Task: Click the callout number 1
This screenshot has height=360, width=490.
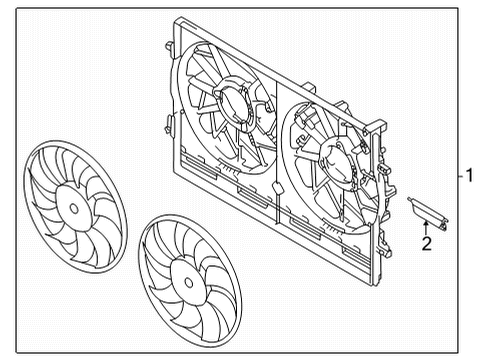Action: (x=467, y=176)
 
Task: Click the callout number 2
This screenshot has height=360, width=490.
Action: (x=426, y=241)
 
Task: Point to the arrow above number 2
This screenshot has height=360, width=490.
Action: (x=426, y=224)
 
